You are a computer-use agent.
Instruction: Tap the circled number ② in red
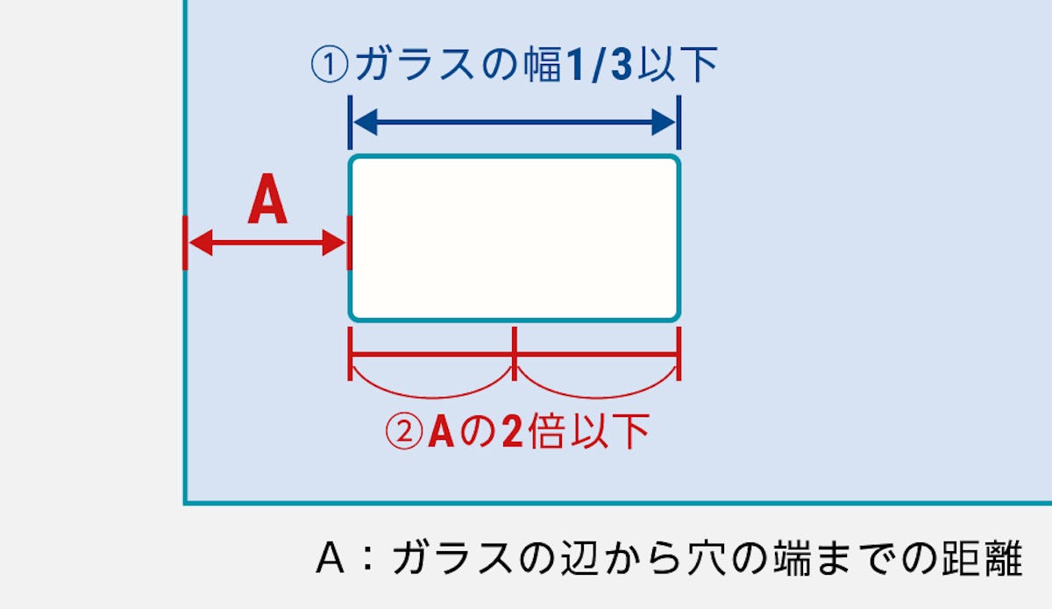(x=404, y=431)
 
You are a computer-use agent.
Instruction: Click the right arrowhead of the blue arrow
(x=665, y=123)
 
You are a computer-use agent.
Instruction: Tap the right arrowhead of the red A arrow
(x=335, y=243)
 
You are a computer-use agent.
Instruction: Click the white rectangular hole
(x=515, y=237)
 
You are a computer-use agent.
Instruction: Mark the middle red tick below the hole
(x=515, y=354)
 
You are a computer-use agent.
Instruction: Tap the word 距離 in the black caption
(x=981, y=558)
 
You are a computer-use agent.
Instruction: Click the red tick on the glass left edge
(x=185, y=243)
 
